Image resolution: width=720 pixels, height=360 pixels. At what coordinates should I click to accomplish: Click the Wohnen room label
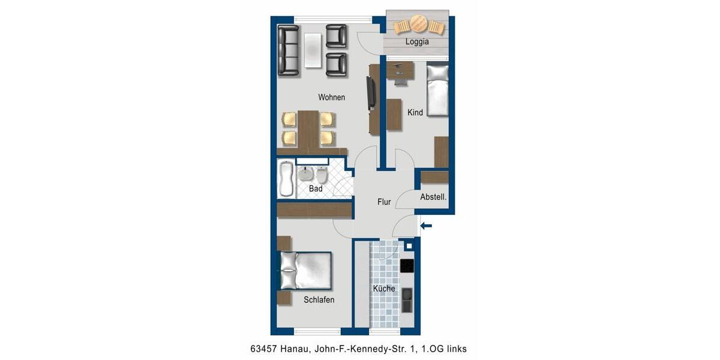(x=331, y=97)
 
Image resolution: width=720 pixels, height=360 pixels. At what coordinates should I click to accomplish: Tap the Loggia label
(x=417, y=42)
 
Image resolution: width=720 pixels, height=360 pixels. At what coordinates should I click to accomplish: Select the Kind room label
(x=415, y=112)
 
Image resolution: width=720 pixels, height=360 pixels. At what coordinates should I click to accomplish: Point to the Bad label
(x=316, y=189)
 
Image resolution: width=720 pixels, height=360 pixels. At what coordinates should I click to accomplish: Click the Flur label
(x=384, y=202)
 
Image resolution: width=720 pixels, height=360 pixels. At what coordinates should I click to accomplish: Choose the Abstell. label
(x=433, y=197)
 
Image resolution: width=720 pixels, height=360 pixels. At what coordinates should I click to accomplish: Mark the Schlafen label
(x=319, y=300)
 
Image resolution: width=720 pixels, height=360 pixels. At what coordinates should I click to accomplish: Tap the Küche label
(x=384, y=289)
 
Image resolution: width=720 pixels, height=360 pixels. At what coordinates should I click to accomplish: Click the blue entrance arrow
(x=427, y=226)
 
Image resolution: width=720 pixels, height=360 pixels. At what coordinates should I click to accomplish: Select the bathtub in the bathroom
(x=286, y=179)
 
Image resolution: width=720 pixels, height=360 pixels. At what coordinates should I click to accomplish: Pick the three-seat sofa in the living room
(x=288, y=50)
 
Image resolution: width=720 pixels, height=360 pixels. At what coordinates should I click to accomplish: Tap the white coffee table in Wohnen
(x=313, y=50)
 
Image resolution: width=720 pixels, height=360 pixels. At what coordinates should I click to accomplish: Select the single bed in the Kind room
(x=437, y=90)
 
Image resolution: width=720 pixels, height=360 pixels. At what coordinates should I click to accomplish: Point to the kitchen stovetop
(x=407, y=266)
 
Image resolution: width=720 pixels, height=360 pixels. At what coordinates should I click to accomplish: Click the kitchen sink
(x=407, y=299)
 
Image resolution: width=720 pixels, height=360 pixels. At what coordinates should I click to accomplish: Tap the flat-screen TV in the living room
(x=371, y=94)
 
